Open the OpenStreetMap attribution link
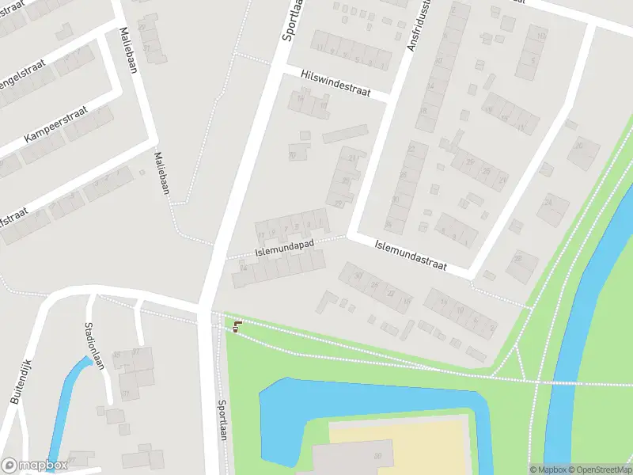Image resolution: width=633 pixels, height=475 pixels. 601,469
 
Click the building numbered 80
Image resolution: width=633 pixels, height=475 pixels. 377,455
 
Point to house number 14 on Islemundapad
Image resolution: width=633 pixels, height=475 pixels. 244,268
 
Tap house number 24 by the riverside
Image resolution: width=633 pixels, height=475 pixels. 548,202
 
